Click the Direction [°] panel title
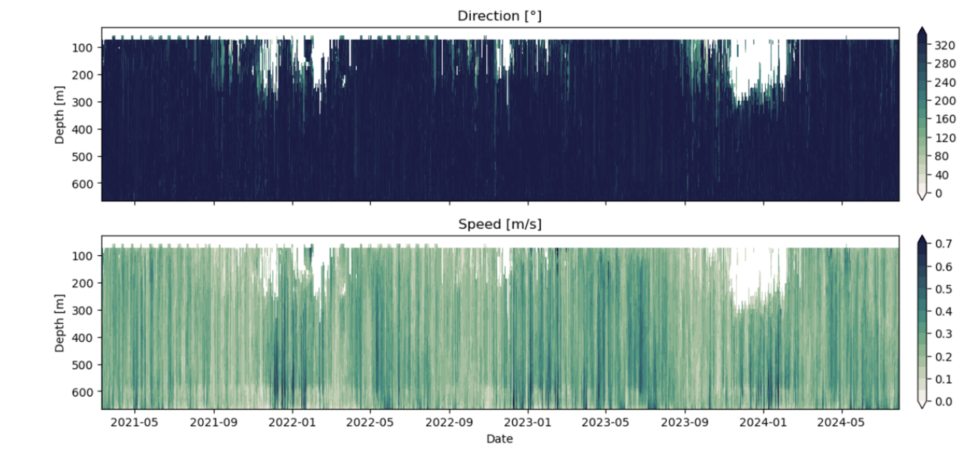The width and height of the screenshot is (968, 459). (499, 16)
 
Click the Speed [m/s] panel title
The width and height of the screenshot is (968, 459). (500, 224)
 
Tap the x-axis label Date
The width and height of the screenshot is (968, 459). (500, 439)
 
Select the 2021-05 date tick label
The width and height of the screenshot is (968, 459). (134, 422)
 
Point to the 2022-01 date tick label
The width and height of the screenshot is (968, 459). (292, 422)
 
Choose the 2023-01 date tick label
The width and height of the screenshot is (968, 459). (527, 422)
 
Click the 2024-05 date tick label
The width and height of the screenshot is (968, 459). (841, 422)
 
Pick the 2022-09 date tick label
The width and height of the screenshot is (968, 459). (449, 422)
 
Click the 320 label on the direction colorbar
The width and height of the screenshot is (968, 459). (944, 45)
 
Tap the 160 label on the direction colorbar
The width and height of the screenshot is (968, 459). (944, 119)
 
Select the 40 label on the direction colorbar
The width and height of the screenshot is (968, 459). (942, 175)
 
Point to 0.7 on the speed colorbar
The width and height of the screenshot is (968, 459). (943, 244)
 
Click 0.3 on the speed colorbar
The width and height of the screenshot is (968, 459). (943, 334)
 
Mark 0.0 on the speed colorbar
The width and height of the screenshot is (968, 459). (943, 402)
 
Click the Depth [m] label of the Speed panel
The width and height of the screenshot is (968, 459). (59, 323)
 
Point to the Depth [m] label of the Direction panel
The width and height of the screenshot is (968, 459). (59, 115)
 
